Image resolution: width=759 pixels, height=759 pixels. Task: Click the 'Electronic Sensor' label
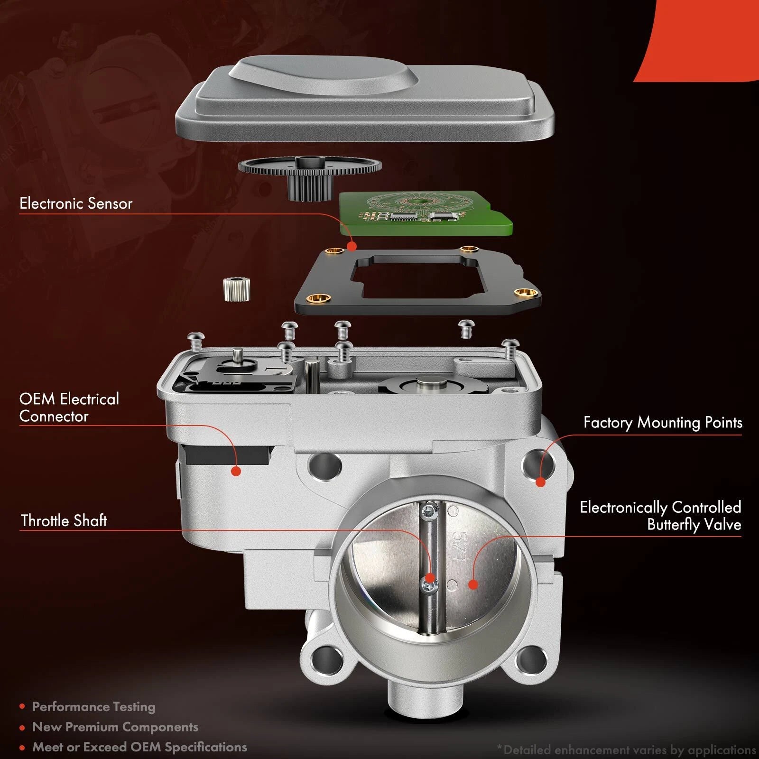click(76, 204)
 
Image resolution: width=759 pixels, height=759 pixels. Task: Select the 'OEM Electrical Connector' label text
click(69, 407)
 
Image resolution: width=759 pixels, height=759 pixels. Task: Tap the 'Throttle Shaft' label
click(64, 520)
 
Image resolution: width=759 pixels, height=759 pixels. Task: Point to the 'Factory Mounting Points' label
click(663, 422)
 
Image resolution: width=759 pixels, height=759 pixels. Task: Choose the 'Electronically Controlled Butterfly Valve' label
click(660, 516)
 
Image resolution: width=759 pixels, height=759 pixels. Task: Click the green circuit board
click(426, 213)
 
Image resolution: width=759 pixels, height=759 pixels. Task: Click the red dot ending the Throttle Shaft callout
click(430, 578)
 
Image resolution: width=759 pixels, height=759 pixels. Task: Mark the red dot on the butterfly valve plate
click(472, 584)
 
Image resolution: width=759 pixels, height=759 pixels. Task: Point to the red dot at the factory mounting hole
click(540, 482)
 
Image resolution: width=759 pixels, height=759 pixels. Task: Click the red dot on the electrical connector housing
click(236, 471)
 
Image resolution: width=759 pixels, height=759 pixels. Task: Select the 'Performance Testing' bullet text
click(93, 707)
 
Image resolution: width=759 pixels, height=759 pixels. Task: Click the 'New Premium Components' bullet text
click(115, 727)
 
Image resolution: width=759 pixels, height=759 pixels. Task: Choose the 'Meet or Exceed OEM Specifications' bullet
click(139, 747)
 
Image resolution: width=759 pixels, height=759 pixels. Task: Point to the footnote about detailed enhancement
click(627, 750)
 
